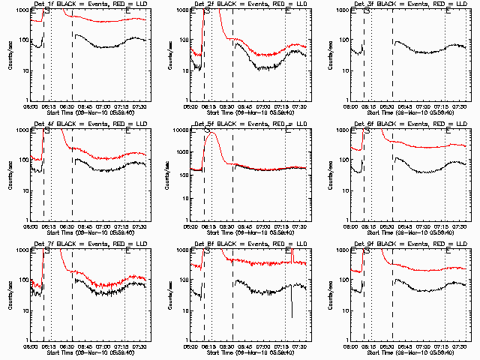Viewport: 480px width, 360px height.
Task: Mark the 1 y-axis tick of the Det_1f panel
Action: click(x=26, y=100)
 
